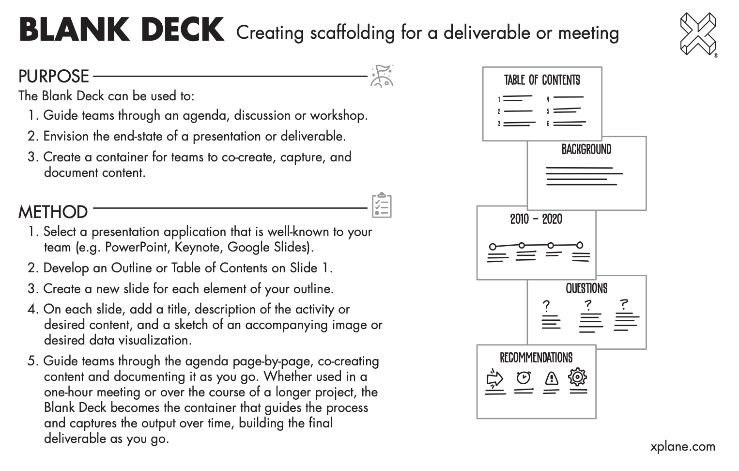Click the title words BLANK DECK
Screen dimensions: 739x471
(x=122, y=30)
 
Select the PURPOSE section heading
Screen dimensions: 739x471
(x=54, y=77)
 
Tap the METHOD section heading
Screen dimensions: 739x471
(x=53, y=212)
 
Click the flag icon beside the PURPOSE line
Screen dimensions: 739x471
(x=382, y=76)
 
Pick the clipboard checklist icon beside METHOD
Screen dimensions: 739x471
(x=382, y=205)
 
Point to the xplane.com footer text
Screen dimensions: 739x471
(x=682, y=446)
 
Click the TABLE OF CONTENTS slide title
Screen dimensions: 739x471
(x=542, y=80)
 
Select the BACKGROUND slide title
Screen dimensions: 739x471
(x=586, y=149)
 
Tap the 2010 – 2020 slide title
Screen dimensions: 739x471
(x=536, y=220)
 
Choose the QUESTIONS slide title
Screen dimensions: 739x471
(x=586, y=289)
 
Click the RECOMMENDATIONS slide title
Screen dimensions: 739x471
(x=536, y=358)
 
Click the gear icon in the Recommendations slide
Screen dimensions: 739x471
(x=578, y=377)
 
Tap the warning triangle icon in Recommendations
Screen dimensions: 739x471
(x=552, y=377)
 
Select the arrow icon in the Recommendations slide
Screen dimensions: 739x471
(x=494, y=378)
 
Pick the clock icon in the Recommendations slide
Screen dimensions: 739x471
(x=523, y=377)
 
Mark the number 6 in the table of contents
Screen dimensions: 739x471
(x=548, y=124)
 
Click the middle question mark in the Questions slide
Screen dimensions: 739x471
(x=588, y=305)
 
